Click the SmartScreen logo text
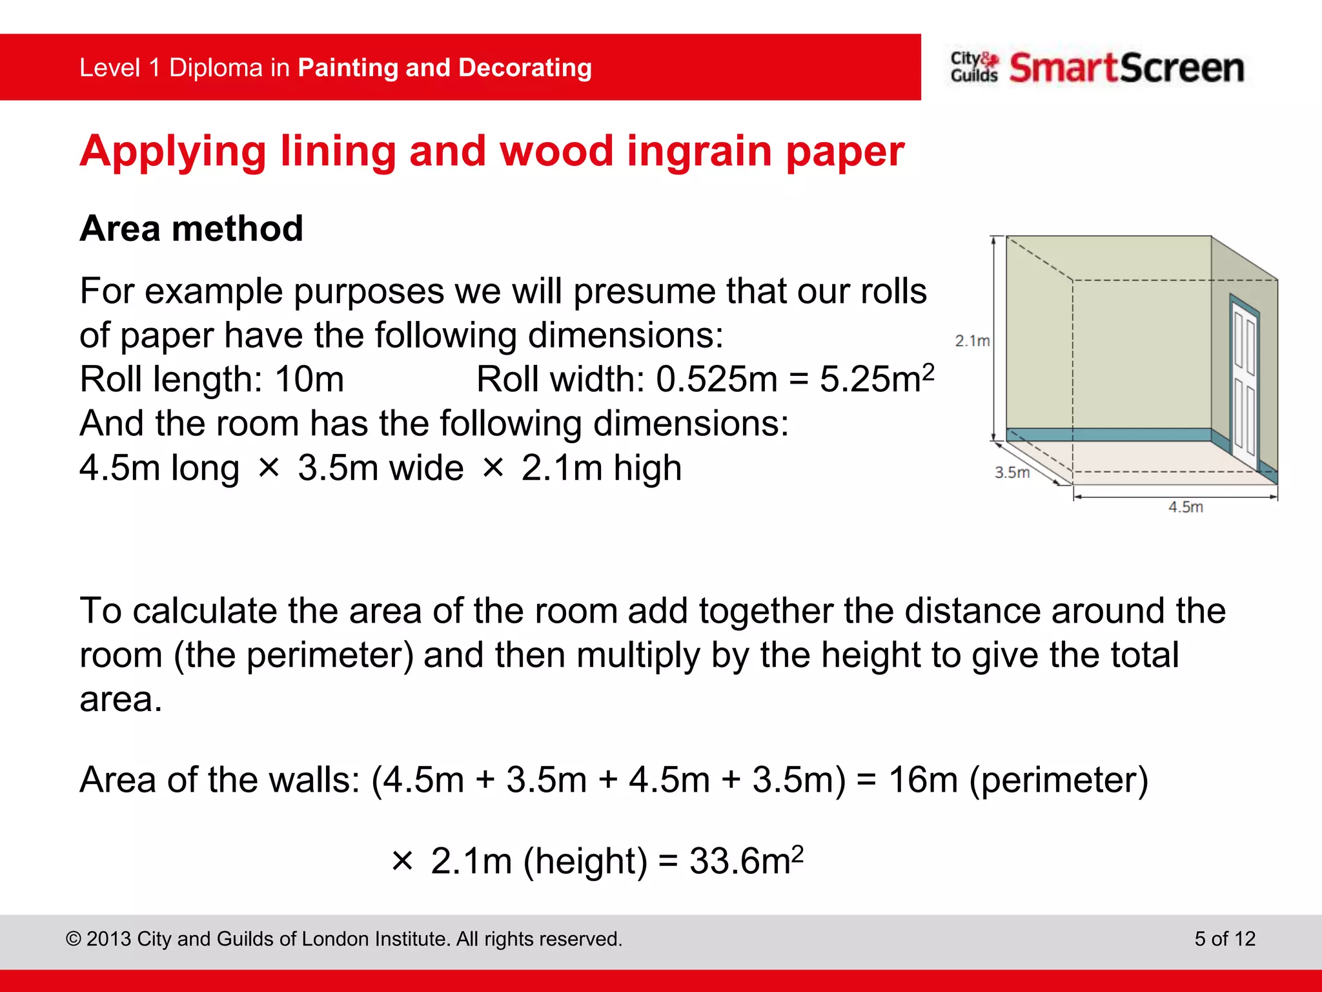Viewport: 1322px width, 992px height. pos(1126,68)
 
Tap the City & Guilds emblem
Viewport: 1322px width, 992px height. pos(974,67)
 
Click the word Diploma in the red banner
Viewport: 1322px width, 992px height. pos(216,68)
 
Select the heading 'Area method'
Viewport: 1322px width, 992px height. pos(191,229)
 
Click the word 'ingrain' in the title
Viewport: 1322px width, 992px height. pos(699,152)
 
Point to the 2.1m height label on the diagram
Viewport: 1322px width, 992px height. pos(972,340)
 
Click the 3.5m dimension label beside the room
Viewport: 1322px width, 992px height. pos(1012,472)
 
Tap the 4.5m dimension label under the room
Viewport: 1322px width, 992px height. pos(1185,507)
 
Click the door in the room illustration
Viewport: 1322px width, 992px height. pos(1244,381)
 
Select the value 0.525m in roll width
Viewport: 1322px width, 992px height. pos(717,379)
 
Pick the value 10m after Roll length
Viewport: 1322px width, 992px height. pos(309,379)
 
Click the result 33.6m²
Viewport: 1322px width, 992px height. pos(746,860)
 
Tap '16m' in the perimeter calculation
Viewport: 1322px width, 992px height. pos(922,780)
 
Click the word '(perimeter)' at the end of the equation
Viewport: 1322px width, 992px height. pos(1059,780)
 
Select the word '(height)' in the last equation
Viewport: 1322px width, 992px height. pos(585,862)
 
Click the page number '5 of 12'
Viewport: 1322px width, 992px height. pos(1225,938)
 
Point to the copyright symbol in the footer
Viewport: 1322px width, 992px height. pos(74,939)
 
